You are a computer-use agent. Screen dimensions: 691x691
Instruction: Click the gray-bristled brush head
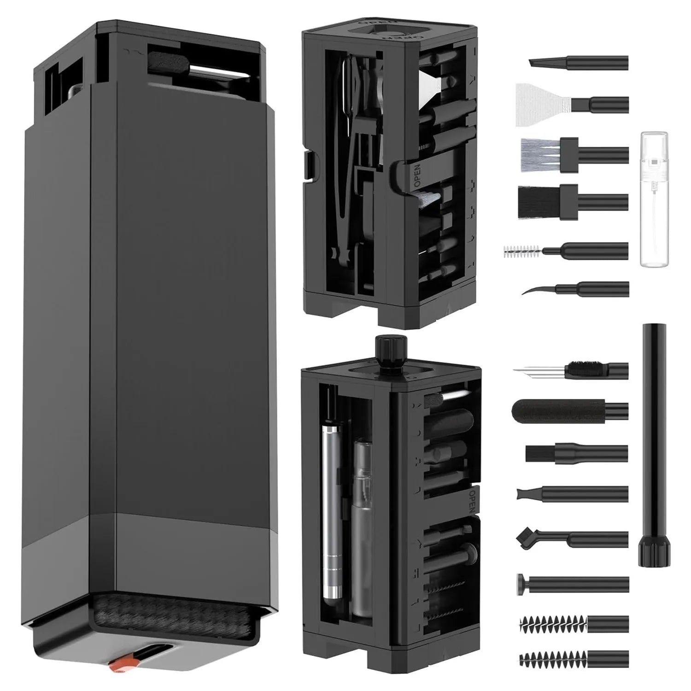(x=544, y=150)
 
